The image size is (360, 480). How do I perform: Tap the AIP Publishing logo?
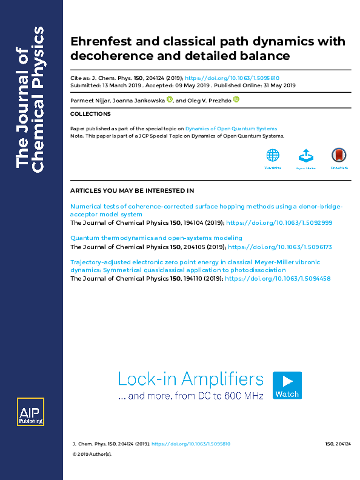pos(30,413)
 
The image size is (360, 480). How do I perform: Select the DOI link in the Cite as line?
pos(232,78)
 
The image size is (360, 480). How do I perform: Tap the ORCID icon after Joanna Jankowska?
pos(169,100)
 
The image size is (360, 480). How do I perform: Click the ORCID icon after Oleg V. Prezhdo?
pos(236,100)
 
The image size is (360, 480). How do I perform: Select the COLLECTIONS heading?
pos(86,114)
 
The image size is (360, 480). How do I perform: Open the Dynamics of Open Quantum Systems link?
pos(231,128)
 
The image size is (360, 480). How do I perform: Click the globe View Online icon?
pos(273,156)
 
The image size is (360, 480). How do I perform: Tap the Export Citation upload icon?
pos(306,156)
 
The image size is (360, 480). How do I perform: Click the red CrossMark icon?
pos(339,156)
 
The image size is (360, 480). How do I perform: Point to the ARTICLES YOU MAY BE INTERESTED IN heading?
pos(132,191)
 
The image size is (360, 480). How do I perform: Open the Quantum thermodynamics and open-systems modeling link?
pos(156,238)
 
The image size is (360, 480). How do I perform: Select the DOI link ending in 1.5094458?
pos(279,278)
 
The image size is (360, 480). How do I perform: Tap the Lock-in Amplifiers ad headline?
pos(191,379)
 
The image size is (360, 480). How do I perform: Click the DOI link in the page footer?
pos(190,444)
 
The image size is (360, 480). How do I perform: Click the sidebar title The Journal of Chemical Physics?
pos(30,100)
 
